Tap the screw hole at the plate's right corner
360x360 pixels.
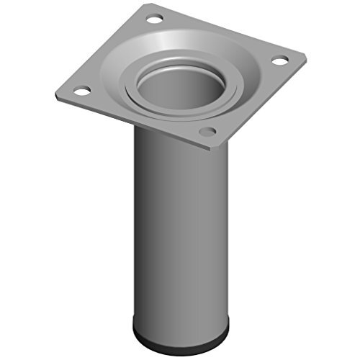277,62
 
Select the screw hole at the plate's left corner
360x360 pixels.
81,91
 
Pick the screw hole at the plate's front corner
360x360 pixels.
207,132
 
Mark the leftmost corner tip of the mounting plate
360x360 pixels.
56,94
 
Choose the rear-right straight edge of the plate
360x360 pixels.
230,29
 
